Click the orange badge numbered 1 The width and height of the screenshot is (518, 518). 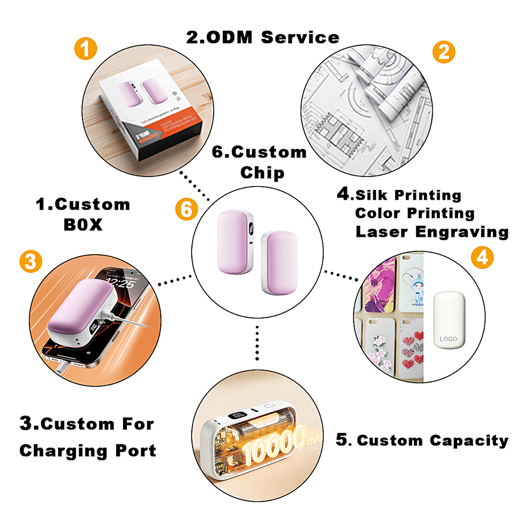[85, 51]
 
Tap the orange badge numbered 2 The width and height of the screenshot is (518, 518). [444, 52]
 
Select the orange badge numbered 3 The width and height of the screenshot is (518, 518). [30, 262]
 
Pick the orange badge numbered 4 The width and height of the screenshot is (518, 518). [482, 258]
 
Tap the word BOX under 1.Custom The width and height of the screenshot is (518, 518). [83, 225]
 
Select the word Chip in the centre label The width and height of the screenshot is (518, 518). [262, 173]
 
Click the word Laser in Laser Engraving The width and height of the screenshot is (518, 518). [382, 232]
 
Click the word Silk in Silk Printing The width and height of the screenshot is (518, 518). [374, 195]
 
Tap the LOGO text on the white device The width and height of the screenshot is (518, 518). [448, 339]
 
